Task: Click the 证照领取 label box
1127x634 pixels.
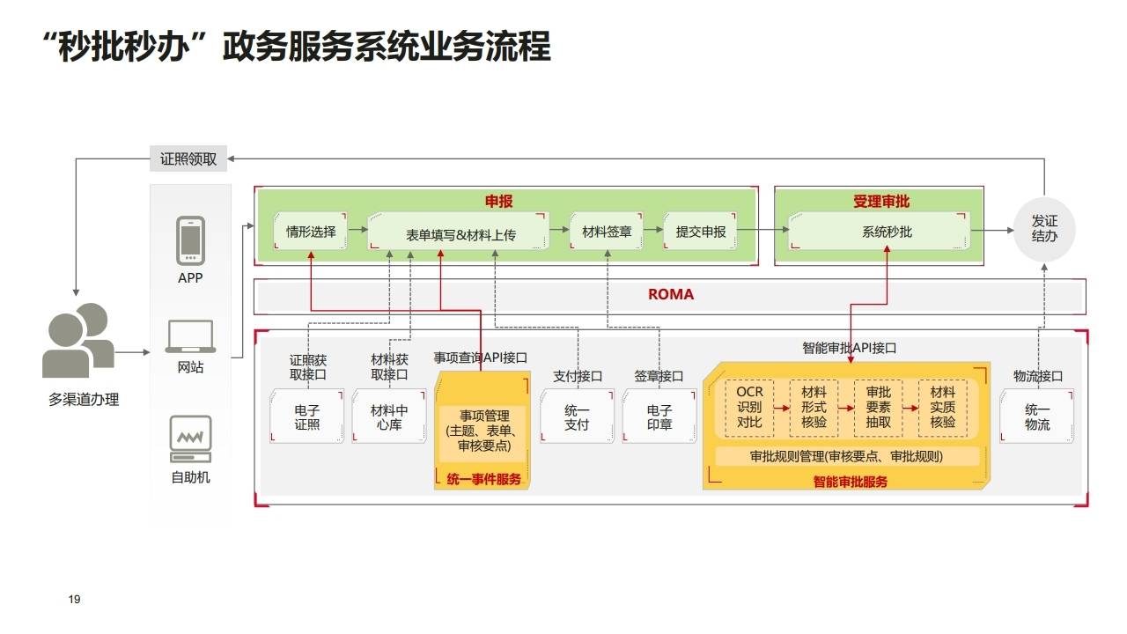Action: coord(188,159)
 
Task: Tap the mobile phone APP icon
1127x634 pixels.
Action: coord(190,240)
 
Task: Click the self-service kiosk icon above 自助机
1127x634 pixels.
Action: coord(190,439)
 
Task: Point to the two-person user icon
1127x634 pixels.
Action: coord(77,341)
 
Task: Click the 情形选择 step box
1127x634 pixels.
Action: coord(311,232)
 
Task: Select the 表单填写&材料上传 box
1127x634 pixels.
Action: coord(460,234)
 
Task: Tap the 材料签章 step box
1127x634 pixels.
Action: coord(607,232)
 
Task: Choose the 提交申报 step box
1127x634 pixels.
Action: coord(701,232)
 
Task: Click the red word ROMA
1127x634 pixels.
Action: coord(671,295)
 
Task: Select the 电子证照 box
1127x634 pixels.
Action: coord(307,417)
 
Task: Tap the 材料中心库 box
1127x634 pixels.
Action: coord(388,417)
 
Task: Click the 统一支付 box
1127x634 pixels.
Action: coord(577,417)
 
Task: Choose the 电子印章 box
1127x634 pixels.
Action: coord(659,417)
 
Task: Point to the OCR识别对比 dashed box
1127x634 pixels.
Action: coord(749,408)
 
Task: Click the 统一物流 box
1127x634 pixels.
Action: coord(1037,417)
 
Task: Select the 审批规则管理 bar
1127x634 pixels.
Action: coord(846,456)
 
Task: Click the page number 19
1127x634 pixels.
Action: coord(74,600)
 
